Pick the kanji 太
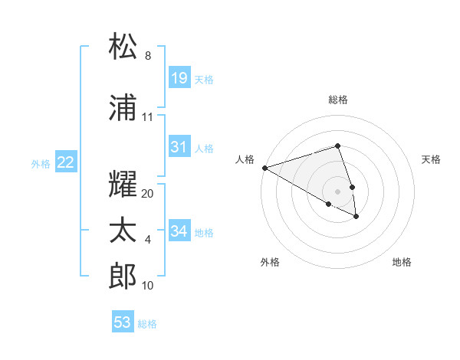tap(123, 231)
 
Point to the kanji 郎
tap(123, 276)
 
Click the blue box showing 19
tap(179, 78)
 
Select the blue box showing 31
tap(179, 147)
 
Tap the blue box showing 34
tap(179, 231)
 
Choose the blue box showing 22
tap(66, 162)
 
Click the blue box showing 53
tap(123, 322)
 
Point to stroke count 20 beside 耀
tap(148, 194)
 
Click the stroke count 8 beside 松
tap(148, 56)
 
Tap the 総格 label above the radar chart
tap(337, 100)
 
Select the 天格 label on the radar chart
tap(431, 159)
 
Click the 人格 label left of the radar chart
tap(245, 159)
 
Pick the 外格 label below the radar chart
tap(270, 262)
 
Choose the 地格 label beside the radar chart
tap(402, 262)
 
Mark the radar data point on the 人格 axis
tap(264, 168)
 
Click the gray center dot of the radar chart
tap(337, 191)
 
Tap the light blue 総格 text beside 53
tap(147, 324)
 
